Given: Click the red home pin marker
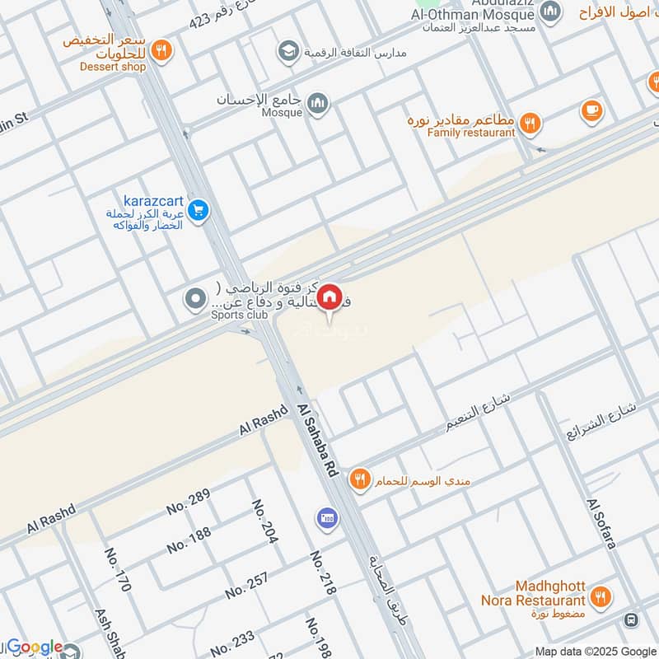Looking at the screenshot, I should pos(329,297).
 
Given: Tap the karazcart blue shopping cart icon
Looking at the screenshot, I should pos(197,212).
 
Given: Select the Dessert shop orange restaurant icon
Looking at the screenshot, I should pos(162,49).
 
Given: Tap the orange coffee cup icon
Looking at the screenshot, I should pos(591,109).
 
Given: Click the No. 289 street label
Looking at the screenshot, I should pos(189,501).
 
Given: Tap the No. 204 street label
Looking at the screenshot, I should pos(264,521).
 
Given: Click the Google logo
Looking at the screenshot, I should pos(35,647).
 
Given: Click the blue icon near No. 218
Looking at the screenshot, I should pos(326,518).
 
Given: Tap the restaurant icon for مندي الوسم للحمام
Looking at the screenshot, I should pos(359,478).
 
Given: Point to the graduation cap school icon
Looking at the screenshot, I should pos(287,53).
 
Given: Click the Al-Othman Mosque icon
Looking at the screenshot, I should pos(550,10).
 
